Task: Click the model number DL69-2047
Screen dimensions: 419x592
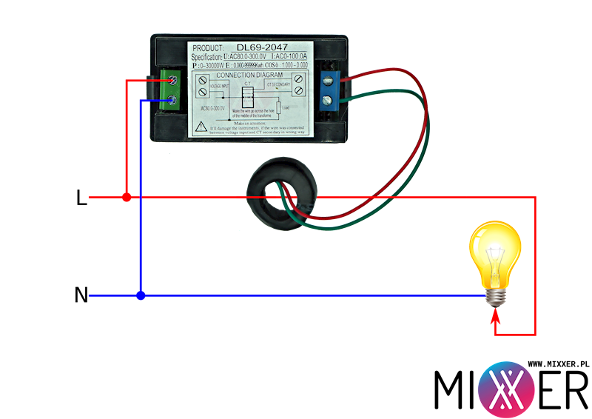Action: click(x=263, y=47)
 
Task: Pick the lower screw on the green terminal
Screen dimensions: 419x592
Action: click(x=172, y=100)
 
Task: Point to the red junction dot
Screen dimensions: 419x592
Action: click(x=127, y=198)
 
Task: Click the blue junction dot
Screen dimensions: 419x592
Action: click(x=141, y=295)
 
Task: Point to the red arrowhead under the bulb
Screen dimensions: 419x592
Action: click(x=496, y=319)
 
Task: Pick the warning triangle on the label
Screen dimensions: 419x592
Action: click(x=201, y=127)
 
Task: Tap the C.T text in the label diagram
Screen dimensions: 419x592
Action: click(x=248, y=84)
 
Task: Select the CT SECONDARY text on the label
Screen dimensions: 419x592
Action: click(x=278, y=85)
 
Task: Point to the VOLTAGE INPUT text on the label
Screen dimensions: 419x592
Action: click(x=220, y=86)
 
